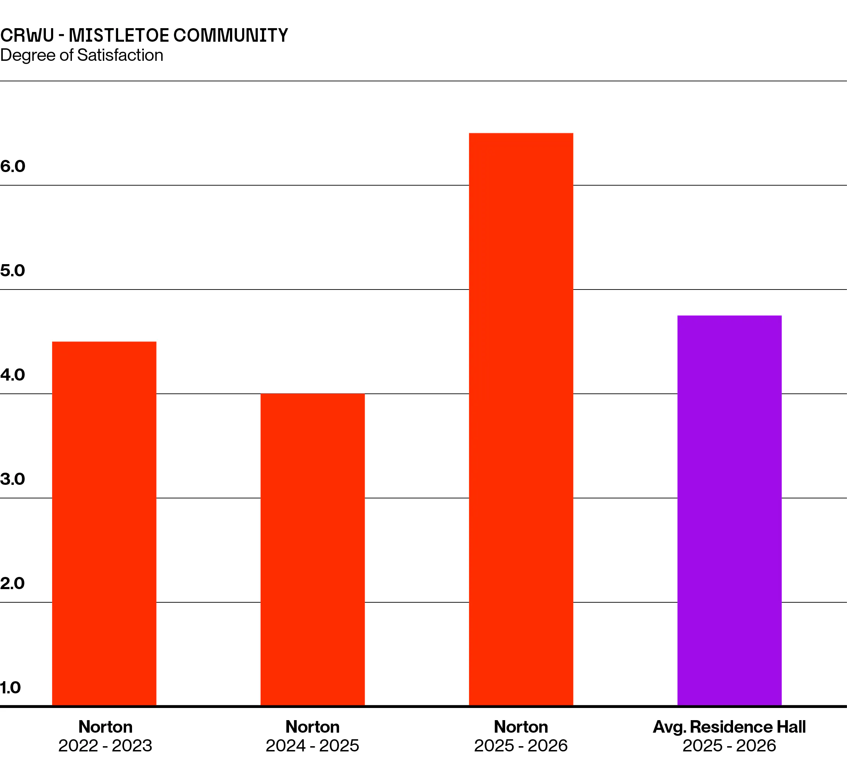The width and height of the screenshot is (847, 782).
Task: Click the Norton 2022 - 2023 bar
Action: pos(104,523)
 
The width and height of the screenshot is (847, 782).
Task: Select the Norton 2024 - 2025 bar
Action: pos(313,549)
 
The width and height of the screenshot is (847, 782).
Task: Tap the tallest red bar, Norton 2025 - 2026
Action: pos(521,419)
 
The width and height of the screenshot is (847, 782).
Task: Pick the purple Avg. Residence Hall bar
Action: pos(729,510)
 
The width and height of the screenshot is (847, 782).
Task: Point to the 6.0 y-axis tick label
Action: pos(13,166)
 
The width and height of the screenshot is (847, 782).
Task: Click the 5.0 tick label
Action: pos(13,270)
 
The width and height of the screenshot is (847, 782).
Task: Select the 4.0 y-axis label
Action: pos(13,375)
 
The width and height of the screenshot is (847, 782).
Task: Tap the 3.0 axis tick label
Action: pos(13,479)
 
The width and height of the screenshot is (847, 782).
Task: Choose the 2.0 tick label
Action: pos(13,584)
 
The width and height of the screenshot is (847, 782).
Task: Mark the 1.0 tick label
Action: pos(10,687)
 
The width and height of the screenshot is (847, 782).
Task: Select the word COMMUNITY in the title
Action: pos(231,35)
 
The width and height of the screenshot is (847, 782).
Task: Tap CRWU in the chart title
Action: pos(27,35)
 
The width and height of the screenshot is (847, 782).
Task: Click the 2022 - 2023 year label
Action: pos(105,746)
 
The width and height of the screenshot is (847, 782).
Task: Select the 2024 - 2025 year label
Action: pos(313,746)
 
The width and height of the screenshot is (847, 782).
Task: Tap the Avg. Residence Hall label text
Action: pos(729,727)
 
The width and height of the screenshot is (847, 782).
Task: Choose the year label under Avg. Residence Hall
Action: pos(729,746)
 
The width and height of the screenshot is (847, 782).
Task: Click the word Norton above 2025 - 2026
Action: pos(521,727)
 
